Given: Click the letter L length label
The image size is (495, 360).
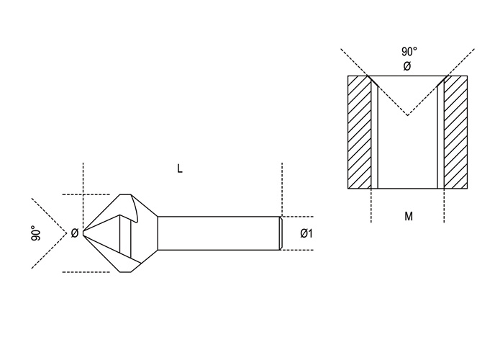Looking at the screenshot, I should pos(180,168).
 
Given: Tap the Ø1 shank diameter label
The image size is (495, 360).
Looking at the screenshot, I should pos(306,233).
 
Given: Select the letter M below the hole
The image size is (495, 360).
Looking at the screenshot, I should pos(408,215).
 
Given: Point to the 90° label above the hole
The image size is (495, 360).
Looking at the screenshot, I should pos(409,52).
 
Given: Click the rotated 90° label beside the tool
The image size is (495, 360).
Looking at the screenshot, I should pos(35,233).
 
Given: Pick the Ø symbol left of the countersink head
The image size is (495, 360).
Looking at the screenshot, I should pos(74,233).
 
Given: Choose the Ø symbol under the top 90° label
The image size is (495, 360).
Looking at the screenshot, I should pos(407,66).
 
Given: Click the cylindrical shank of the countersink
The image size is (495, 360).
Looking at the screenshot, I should pos(216,233).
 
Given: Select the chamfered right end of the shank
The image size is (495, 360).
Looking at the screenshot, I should pos(280,233).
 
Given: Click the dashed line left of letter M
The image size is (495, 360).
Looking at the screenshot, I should pos(371,205).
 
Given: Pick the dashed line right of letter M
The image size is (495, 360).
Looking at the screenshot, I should pos(444,205).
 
